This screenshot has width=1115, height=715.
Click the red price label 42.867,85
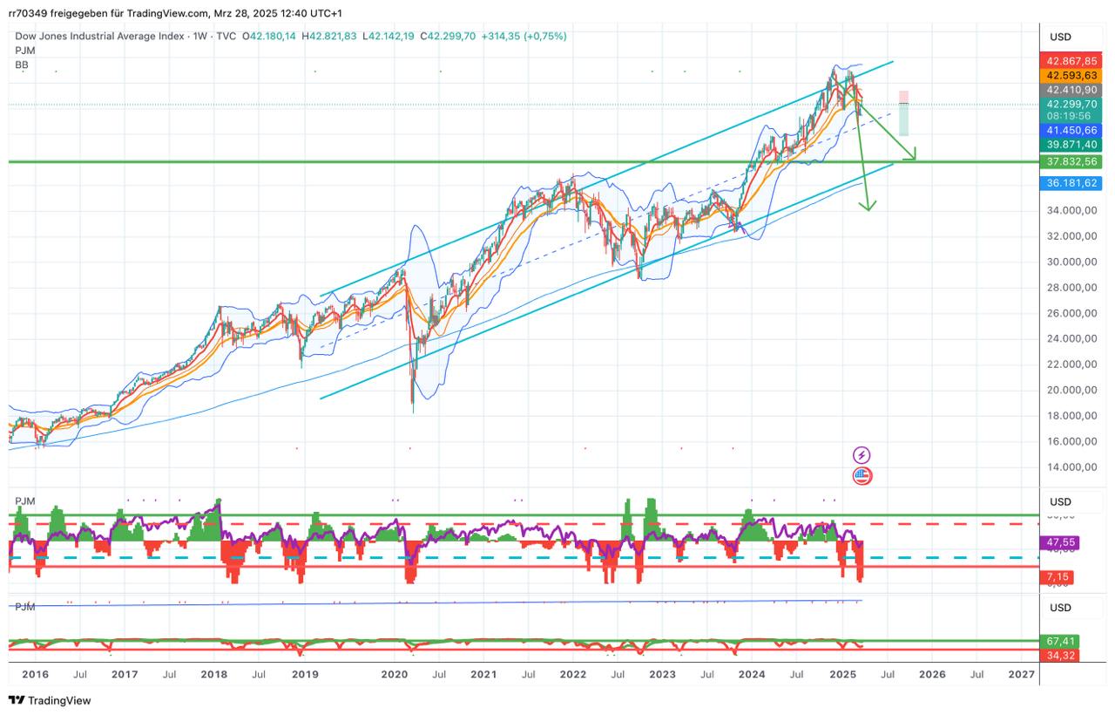coord(1071,61)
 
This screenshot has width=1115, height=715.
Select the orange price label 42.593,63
coord(1071,75)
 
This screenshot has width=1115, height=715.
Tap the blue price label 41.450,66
coord(1071,130)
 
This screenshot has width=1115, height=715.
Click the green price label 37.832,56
coord(1071,161)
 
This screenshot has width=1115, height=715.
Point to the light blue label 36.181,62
coord(1071,182)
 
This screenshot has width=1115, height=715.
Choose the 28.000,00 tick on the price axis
coord(1071,287)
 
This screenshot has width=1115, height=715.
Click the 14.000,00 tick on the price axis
coord(1071,466)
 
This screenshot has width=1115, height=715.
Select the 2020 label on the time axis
coord(395,674)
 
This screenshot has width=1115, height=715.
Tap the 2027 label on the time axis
coord(1021,674)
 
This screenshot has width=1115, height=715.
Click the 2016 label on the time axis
coord(35,674)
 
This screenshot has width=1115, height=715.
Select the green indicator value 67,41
coord(1060,641)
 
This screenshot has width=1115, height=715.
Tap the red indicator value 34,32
coord(1060,654)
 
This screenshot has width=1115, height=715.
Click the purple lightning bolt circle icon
coord(862,454)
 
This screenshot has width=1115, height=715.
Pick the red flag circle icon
coord(862,476)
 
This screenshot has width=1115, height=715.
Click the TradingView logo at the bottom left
coord(50,700)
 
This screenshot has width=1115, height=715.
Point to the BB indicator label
coord(22,65)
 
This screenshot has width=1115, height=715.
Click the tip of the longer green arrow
coord(868,209)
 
